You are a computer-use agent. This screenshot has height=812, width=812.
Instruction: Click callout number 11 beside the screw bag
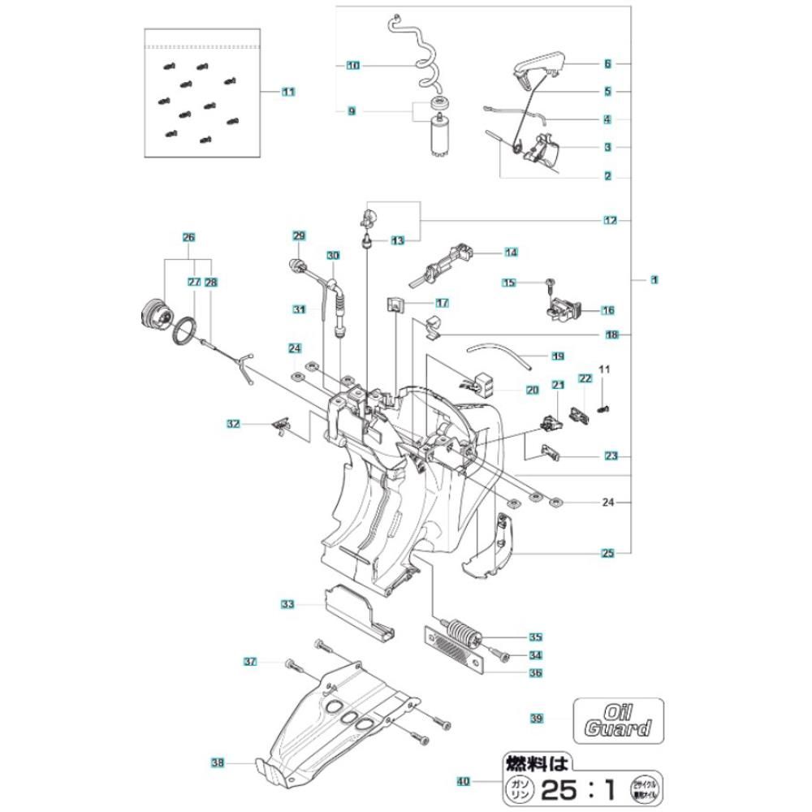288,93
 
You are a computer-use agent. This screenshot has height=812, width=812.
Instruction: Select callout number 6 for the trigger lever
607,63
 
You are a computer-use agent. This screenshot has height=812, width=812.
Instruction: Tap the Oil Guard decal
618,718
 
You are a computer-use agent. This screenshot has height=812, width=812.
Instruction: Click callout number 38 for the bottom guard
217,762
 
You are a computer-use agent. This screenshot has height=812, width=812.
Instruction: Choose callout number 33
287,604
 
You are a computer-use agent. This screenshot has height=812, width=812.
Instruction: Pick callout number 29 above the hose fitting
299,236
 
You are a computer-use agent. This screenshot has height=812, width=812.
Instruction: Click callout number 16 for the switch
607,310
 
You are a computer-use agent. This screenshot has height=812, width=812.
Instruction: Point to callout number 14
511,253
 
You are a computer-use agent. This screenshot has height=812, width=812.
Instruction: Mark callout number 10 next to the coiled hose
352,65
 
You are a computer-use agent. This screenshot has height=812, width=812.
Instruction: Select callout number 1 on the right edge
654,279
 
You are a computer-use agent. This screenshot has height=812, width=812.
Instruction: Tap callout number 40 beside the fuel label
463,782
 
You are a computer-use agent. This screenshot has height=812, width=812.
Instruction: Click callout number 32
234,424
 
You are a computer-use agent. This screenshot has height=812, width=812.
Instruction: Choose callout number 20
533,390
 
